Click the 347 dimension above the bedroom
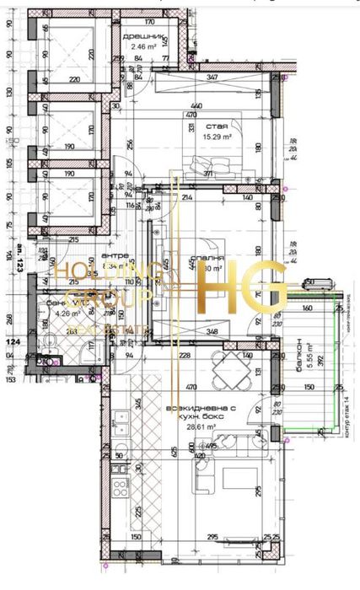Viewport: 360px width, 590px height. [x=212, y=78]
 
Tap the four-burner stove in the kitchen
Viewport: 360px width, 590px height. [x=119, y=488]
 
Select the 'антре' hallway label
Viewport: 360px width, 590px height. [x=115, y=255]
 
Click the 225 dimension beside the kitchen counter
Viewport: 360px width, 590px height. [x=137, y=510]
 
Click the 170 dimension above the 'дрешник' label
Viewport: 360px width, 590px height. [x=149, y=23]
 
